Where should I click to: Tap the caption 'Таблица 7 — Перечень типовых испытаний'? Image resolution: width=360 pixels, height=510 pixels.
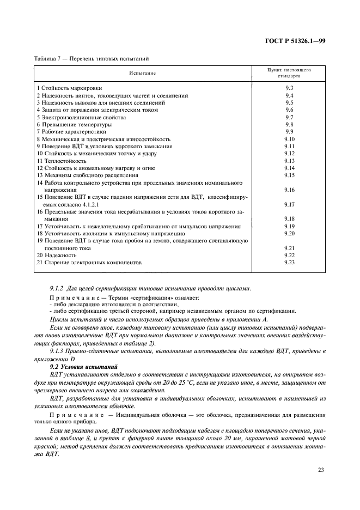93,58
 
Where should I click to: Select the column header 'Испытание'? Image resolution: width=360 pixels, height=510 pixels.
142,72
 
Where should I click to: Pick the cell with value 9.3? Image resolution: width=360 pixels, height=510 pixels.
289,88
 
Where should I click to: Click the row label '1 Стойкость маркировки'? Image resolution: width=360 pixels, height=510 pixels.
70,88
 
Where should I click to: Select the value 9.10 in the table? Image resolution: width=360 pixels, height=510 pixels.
289,139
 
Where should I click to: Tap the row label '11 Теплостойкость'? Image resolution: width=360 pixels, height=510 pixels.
62,161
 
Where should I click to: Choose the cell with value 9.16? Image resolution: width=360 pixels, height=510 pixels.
289,190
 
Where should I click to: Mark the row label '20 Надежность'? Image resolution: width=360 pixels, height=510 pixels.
57,255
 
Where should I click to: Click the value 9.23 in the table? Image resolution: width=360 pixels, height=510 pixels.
289,262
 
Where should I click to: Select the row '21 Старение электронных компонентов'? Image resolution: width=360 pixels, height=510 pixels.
89,262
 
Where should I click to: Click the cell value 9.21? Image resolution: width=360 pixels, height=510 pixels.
289,248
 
